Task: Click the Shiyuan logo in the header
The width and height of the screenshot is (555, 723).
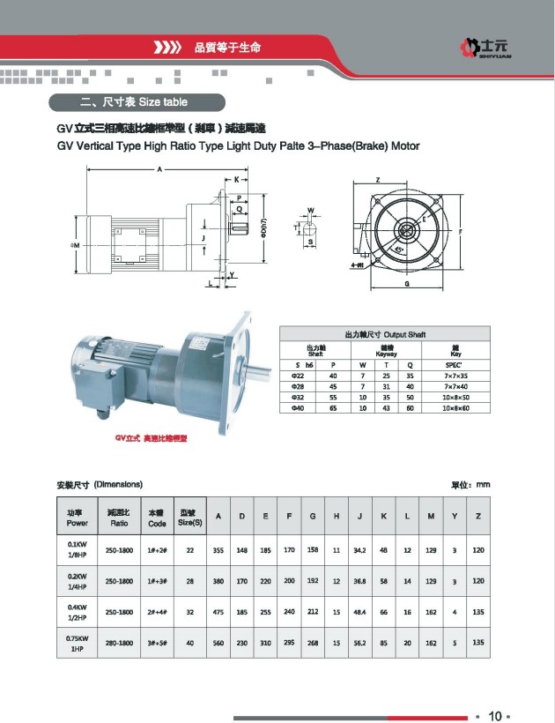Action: (x=490, y=45)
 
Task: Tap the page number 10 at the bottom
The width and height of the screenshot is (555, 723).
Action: (x=494, y=715)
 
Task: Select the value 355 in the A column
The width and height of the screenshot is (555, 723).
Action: (x=218, y=550)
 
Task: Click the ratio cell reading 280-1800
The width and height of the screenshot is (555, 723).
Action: (x=120, y=643)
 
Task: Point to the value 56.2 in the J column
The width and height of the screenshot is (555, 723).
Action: (x=359, y=643)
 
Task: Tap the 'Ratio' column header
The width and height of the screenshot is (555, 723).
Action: (x=120, y=518)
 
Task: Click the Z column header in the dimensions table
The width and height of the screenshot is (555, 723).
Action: (x=478, y=516)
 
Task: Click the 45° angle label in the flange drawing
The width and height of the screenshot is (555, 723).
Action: (x=399, y=250)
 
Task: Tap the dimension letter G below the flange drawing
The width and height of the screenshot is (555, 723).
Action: (x=406, y=285)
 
